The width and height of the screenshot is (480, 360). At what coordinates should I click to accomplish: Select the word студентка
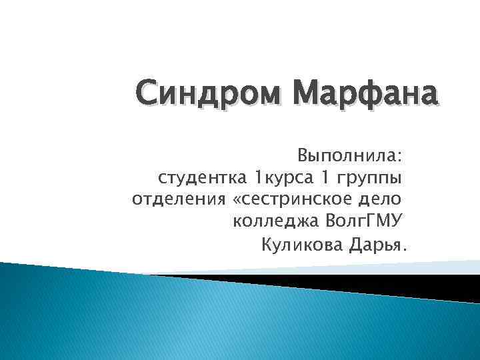[202, 178]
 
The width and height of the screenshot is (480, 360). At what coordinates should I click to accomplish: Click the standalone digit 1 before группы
[325, 178]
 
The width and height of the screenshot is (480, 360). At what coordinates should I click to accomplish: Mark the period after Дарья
[402, 249]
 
